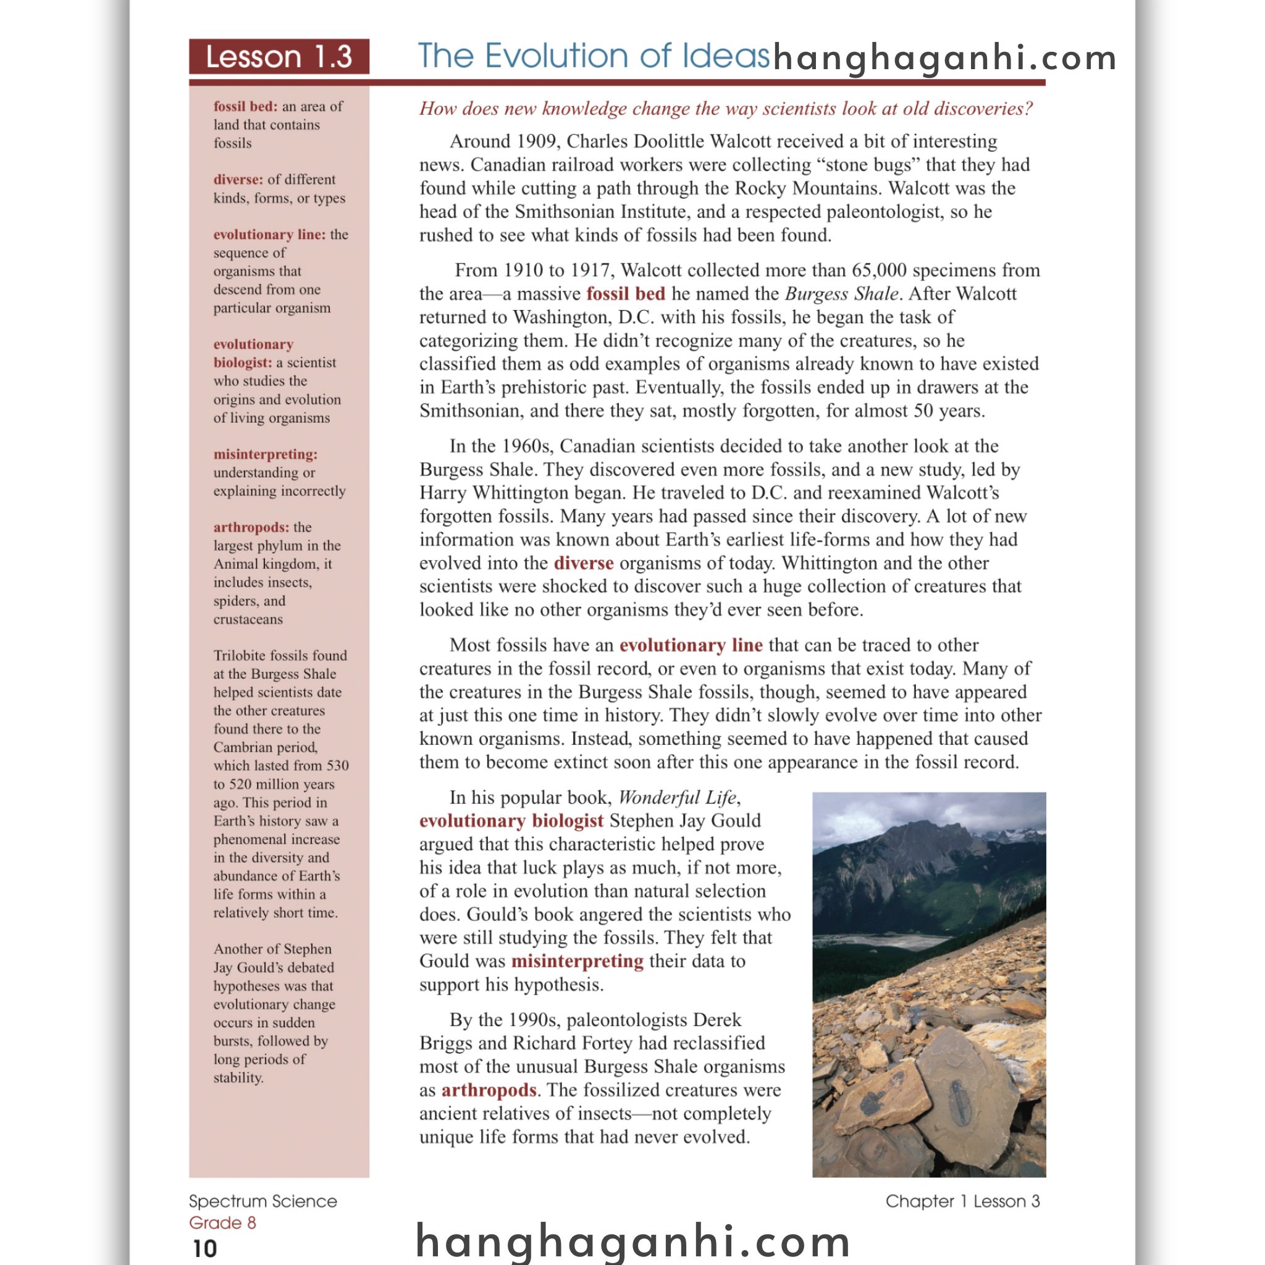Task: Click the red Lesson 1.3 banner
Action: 279,57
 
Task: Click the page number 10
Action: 205,1248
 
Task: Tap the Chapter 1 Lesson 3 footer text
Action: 962,1201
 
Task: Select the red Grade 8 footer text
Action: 222,1223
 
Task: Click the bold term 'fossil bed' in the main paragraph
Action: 625,294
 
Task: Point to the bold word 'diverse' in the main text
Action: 583,563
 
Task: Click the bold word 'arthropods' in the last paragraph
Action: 489,1090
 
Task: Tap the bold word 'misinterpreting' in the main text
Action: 578,961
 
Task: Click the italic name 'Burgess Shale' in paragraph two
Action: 841,294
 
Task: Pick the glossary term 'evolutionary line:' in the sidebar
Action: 269,234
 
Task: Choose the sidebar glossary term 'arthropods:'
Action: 251,527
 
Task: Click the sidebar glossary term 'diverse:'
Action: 238,179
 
